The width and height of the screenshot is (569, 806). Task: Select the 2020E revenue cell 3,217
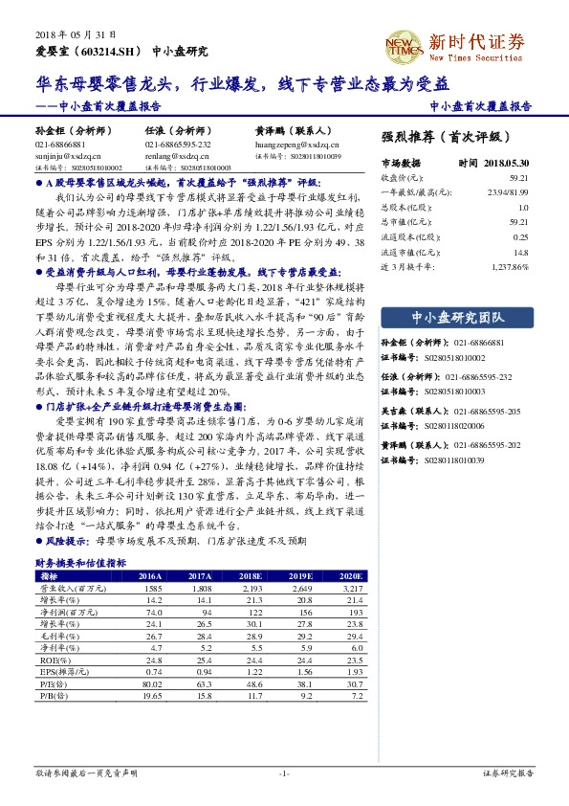(351, 588)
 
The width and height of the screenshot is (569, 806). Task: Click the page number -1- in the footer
(283, 772)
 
